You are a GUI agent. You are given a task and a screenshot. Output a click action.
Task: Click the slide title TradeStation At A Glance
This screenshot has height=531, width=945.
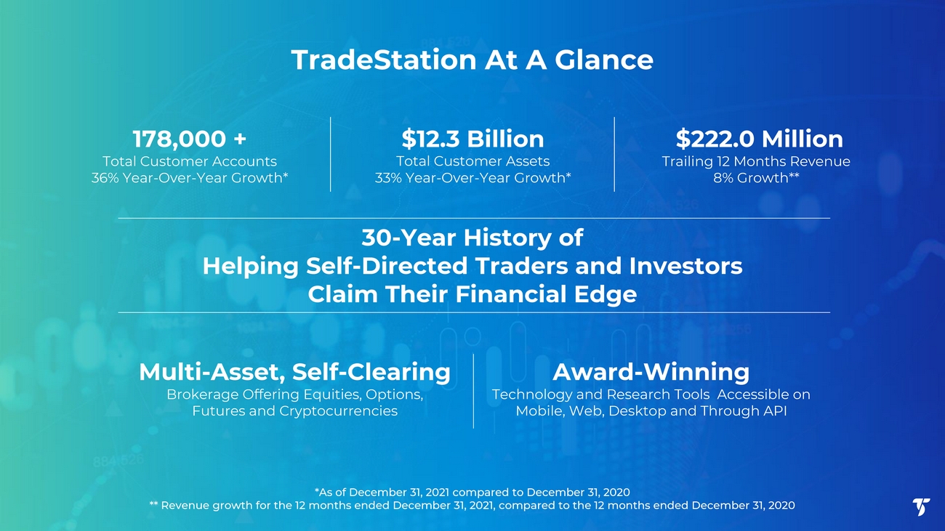(x=472, y=60)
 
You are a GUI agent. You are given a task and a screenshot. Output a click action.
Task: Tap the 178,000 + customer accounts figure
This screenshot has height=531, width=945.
(x=190, y=139)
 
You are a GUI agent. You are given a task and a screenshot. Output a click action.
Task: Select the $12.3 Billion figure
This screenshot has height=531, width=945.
(x=472, y=139)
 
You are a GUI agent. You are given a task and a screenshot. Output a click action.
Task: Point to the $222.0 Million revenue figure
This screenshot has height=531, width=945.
(x=759, y=139)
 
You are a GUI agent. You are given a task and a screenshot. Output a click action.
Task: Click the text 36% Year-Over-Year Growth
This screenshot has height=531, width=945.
(x=190, y=178)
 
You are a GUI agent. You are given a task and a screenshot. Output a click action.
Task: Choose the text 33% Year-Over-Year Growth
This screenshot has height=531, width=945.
(x=472, y=178)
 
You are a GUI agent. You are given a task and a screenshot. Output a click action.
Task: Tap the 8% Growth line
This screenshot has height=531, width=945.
(x=756, y=178)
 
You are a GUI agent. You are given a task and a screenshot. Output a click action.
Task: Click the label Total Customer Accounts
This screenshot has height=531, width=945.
(x=190, y=161)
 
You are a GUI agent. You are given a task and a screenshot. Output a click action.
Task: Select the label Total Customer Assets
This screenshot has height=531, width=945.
(x=472, y=161)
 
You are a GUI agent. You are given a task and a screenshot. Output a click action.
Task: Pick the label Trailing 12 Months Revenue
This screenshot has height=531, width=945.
(x=756, y=161)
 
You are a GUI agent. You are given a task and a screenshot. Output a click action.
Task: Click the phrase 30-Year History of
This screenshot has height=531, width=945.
(x=472, y=238)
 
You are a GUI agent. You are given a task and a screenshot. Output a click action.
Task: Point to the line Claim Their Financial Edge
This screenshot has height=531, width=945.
(x=472, y=294)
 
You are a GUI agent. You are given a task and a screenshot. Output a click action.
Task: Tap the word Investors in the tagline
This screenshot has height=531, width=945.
(x=685, y=266)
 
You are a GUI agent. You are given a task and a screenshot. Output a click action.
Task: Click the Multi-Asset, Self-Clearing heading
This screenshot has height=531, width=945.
(x=294, y=372)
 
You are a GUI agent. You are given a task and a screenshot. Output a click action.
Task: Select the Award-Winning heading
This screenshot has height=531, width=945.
(x=651, y=372)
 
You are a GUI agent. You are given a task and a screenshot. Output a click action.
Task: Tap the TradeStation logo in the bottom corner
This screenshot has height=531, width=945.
(x=921, y=506)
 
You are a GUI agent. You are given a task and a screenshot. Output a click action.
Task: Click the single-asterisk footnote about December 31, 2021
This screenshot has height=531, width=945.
(x=472, y=493)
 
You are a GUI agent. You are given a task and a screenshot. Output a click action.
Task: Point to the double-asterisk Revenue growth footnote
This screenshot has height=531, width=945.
(x=472, y=506)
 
